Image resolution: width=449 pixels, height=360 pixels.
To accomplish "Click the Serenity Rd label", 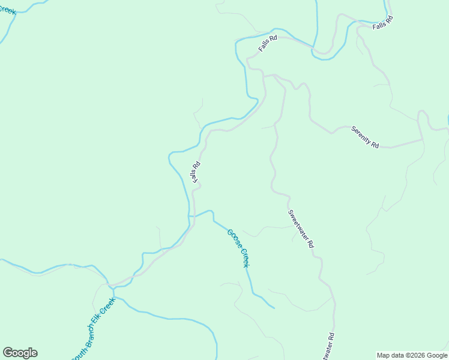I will (366, 137).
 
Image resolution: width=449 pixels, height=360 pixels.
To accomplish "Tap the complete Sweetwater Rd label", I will (301, 229).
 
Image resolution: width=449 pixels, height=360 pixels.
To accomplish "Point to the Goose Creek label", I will (238, 248).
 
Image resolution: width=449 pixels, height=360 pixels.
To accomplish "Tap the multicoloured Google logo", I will (20, 353).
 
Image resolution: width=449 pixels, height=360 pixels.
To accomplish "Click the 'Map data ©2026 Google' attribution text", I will (412, 355).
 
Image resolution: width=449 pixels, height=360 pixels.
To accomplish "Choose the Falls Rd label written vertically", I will (195, 173).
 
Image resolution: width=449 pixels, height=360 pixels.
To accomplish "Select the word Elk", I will (100, 317).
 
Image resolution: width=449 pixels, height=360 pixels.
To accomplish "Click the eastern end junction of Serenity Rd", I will (422, 140).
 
